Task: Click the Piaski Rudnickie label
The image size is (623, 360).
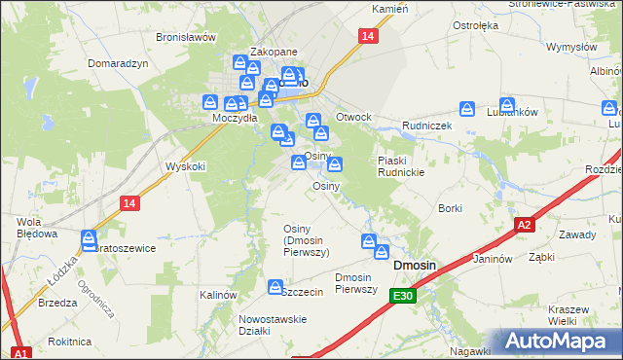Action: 403,166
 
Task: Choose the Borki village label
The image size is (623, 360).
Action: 450,208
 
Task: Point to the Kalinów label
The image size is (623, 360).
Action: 218,294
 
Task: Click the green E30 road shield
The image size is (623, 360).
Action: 404,296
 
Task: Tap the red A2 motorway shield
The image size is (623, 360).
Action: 524,225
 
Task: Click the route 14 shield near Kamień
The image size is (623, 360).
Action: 366,36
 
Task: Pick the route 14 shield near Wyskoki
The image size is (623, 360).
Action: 129,202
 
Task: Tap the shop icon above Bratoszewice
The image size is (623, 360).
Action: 90,236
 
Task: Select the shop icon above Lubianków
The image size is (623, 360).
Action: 507,104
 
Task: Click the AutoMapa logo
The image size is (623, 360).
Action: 560,341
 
